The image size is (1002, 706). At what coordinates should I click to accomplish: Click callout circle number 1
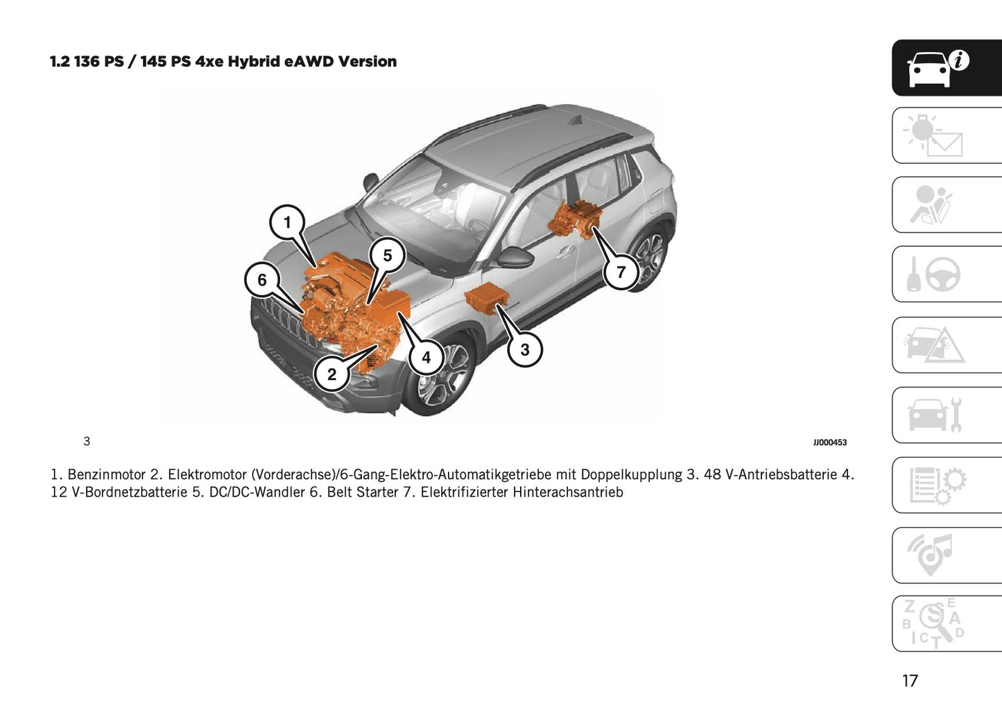[x=288, y=223]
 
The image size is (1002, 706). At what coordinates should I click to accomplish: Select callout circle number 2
[x=332, y=374]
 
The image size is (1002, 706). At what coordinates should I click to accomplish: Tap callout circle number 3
[x=524, y=350]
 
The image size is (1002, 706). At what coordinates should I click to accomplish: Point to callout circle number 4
[x=426, y=356]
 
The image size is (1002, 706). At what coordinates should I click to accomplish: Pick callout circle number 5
[x=387, y=255]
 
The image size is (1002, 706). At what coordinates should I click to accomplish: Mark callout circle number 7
[x=621, y=272]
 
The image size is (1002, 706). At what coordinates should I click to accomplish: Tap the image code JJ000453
[x=829, y=442]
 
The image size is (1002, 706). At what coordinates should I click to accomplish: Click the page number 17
[x=910, y=681]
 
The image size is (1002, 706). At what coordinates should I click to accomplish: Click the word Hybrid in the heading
[x=254, y=62]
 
